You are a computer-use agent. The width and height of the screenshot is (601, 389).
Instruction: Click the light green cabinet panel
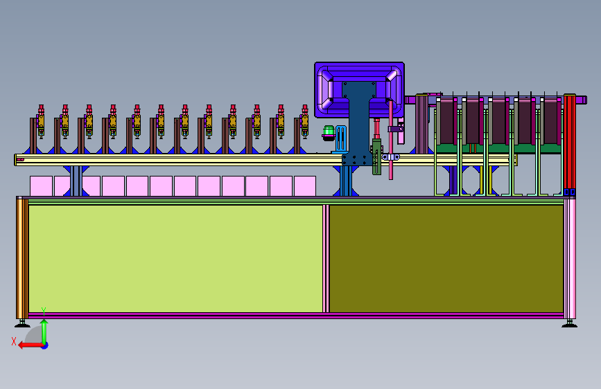[175, 258]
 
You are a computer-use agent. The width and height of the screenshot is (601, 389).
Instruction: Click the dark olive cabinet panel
[446, 258]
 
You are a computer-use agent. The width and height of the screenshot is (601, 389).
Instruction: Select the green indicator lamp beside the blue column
[329, 132]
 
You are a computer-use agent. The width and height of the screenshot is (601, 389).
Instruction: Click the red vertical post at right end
[569, 143]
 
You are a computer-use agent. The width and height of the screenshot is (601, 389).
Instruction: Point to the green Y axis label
[44, 311]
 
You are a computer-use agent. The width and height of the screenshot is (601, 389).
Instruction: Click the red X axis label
[14, 341]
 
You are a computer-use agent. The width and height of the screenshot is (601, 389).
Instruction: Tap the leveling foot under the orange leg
[22, 324]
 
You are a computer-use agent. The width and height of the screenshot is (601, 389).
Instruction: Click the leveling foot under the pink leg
[569, 324]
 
